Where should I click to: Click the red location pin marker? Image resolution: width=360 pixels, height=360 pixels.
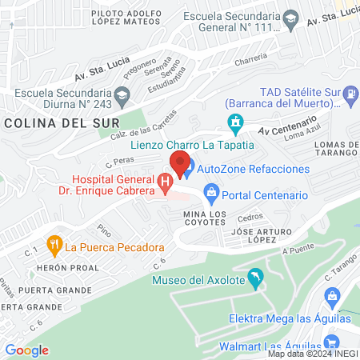tap(180, 162)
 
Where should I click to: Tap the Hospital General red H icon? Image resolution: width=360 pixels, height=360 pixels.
tap(166, 183)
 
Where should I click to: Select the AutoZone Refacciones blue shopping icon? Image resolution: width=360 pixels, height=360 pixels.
tap(186, 170)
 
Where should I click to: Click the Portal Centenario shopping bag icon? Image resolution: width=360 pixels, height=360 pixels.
tap(211, 190)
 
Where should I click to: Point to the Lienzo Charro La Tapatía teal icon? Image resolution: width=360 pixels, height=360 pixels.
tap(235, 123)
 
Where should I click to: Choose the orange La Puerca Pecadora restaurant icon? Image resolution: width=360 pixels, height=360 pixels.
tap(54, 246)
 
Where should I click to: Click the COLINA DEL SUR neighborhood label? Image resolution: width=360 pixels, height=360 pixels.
tap(61, 123)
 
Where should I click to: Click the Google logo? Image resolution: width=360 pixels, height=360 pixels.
tap(26, 350)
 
